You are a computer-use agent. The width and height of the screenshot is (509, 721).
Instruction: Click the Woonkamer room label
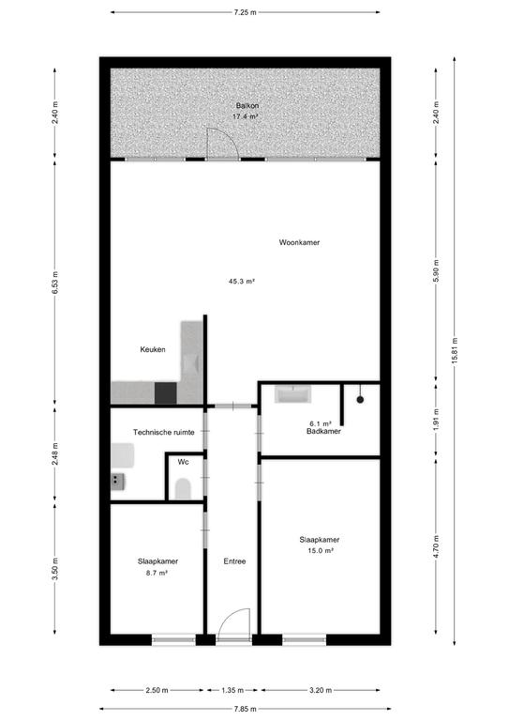pos(299,242)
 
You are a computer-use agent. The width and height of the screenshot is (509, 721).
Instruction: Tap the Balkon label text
pos(247,106)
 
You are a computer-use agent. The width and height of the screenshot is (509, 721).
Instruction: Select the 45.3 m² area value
pos(242,281)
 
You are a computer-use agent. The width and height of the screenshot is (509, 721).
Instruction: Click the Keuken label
pos(153,349)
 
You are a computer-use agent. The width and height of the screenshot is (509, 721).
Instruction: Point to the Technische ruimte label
pos(164,432)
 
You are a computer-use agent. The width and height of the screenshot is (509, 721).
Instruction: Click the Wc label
pos(183,462)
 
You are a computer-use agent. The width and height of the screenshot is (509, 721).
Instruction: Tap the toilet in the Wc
pos(183,489)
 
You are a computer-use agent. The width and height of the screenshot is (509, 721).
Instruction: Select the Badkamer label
pos(323,431)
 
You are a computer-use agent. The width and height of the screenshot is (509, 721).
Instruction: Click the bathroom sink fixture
pos(292,394)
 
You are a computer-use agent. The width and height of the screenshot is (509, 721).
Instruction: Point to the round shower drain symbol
pos(360,400)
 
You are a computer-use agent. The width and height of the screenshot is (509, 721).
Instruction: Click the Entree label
pos(234,561)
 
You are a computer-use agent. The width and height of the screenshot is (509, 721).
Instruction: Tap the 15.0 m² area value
pos(320,550)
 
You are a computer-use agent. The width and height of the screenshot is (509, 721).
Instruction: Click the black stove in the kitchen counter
pos(166,393)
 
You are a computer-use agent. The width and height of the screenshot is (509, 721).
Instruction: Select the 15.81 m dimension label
pos(455,351)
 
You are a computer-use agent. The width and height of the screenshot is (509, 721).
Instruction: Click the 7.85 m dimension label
pos(245,709)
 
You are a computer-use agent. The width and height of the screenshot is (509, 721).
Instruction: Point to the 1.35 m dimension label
pos(232,690)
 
